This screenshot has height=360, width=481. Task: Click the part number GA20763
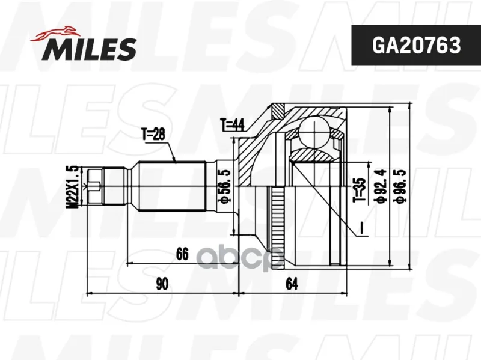(416, 45)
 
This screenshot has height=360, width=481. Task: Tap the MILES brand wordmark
(89, 49)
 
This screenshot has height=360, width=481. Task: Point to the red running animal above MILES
(55, 33)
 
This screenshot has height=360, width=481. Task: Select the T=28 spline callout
(153, 134)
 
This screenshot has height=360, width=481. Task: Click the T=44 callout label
(232, 125)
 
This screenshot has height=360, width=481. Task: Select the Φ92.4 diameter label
(381, 186)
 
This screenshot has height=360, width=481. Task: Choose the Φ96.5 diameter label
(401, 186)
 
